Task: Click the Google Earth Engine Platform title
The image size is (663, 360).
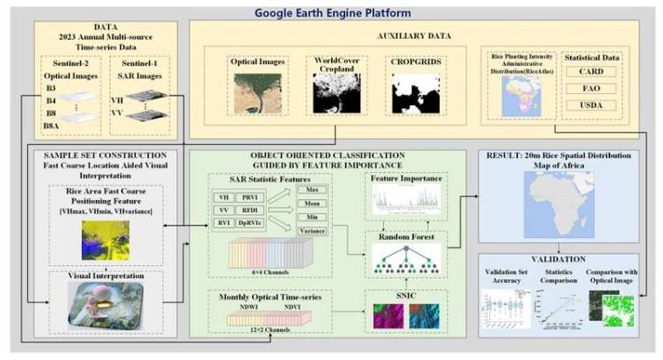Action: coord(332,12)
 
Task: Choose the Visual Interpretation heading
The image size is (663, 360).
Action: coord(104,275)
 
